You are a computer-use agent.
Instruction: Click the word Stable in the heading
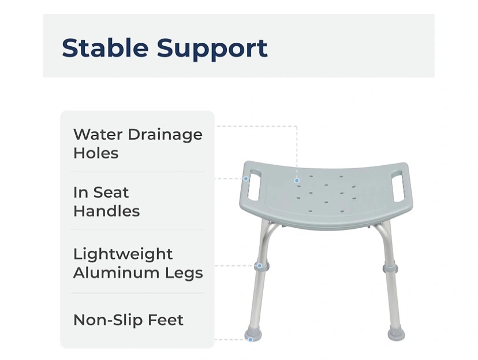point(105,47)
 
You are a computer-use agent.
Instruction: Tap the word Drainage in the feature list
point(165,135)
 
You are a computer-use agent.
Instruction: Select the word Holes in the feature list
point(96,153)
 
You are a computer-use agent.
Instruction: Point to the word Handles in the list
point(106,211)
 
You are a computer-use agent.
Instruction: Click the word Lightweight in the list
point(123,255)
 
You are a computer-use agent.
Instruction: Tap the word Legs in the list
point(184,274)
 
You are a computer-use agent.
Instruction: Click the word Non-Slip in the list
point(108,320)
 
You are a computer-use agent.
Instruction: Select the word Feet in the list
point(166,320)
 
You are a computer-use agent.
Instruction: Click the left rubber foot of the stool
point(253,334)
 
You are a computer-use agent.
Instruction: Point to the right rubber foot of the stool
point(396,333)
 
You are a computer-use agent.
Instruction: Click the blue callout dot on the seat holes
point(297,181)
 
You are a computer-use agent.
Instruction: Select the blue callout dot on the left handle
point(246,179)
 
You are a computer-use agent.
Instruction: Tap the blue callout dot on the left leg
point(259,266)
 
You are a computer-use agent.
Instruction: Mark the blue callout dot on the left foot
point(251,340)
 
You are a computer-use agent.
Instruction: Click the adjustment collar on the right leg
point(390,269)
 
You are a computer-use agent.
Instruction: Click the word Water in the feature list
point(98,134)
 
